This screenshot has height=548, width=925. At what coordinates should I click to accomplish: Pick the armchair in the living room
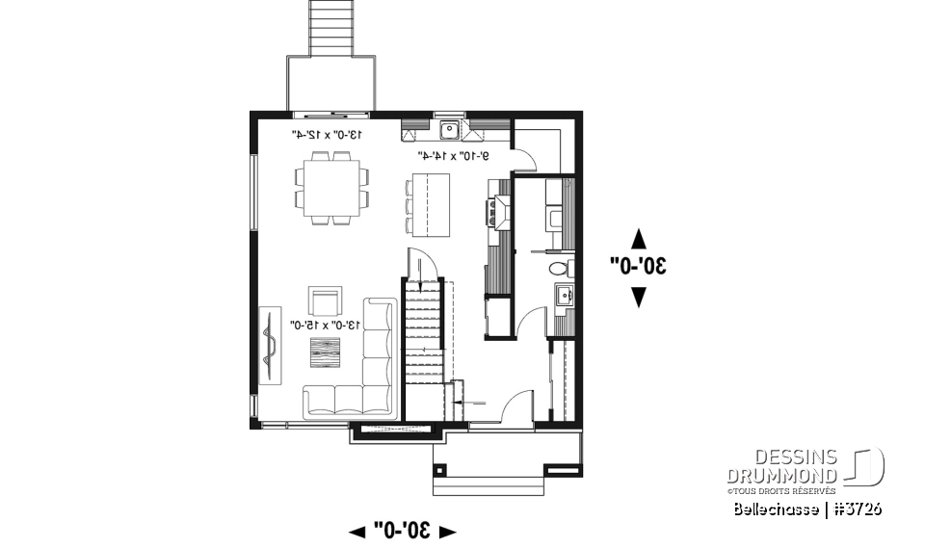point(324,301)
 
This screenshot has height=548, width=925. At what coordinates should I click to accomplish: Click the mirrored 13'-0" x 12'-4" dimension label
point(327,135)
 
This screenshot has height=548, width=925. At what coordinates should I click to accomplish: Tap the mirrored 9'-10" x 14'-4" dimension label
point(453,154)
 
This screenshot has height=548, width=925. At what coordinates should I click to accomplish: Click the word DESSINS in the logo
point(780,457)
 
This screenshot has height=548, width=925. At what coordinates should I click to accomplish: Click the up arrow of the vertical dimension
point(637,236)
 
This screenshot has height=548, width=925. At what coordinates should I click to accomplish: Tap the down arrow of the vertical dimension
point(637,298)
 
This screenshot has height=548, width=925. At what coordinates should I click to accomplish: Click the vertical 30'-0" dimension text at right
point(637,266)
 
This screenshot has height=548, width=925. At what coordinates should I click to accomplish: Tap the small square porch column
point(440,471)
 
